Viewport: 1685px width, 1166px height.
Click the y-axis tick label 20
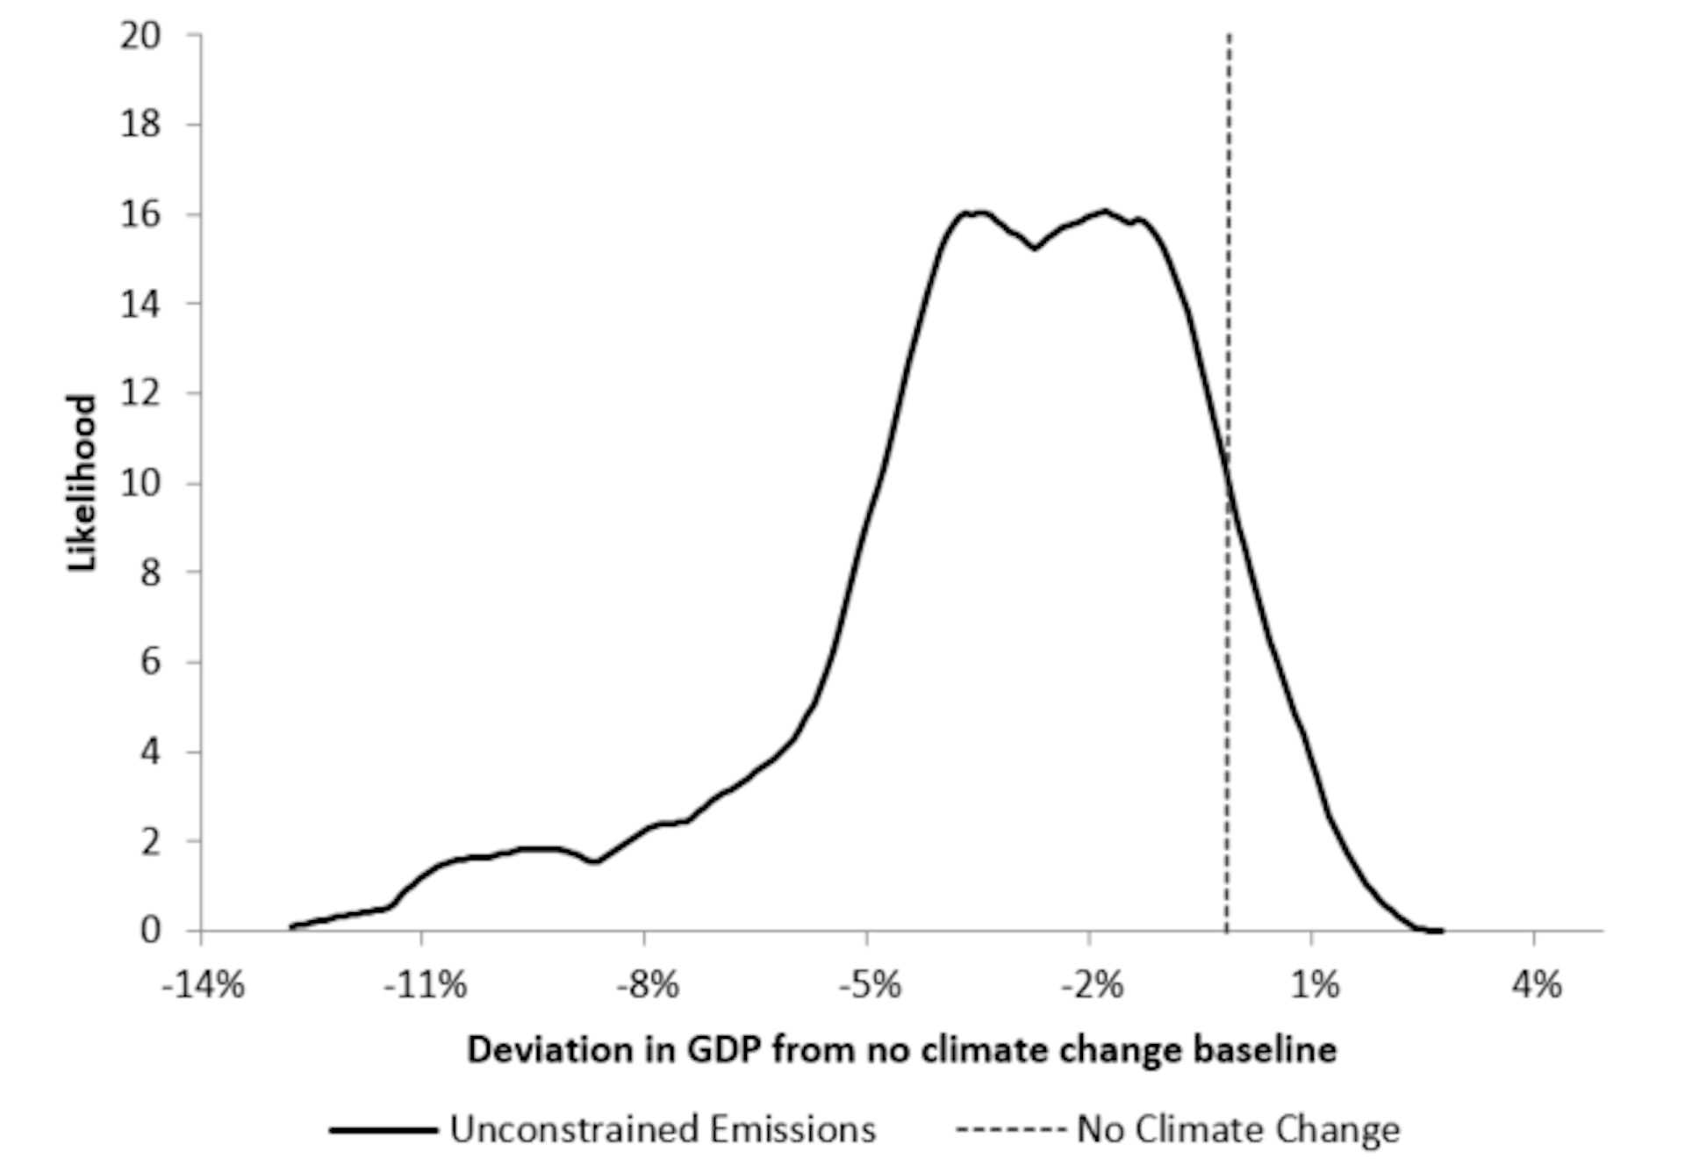click(x=140, y=36)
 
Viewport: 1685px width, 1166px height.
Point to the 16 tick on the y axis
click(x=140, y=214)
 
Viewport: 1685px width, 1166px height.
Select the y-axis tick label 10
click(x=140, y=483)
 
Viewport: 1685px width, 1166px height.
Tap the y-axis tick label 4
click(x=150, y=752)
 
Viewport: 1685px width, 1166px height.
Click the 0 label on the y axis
click(x=150, y=930)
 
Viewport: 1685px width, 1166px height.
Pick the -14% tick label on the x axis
click(x=203, y=985)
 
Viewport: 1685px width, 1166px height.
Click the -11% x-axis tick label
click(x=425, y=985)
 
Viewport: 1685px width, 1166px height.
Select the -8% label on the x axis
click(x=647, y=985)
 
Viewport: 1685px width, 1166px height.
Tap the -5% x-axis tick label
click(x=869, y=985)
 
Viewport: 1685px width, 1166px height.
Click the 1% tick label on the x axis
click(x=1315, y=985)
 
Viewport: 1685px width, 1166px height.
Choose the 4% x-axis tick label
click(x=1537, y=985)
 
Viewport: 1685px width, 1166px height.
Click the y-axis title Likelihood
click(x=82, y=483)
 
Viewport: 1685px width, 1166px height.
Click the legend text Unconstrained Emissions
click(x=663, y=1129)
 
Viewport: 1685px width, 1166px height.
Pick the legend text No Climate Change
click(x=1237, y=1129)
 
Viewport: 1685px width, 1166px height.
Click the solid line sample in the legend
click(x=384, y=1130)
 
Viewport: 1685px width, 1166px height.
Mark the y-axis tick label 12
click(x=140, y=392)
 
